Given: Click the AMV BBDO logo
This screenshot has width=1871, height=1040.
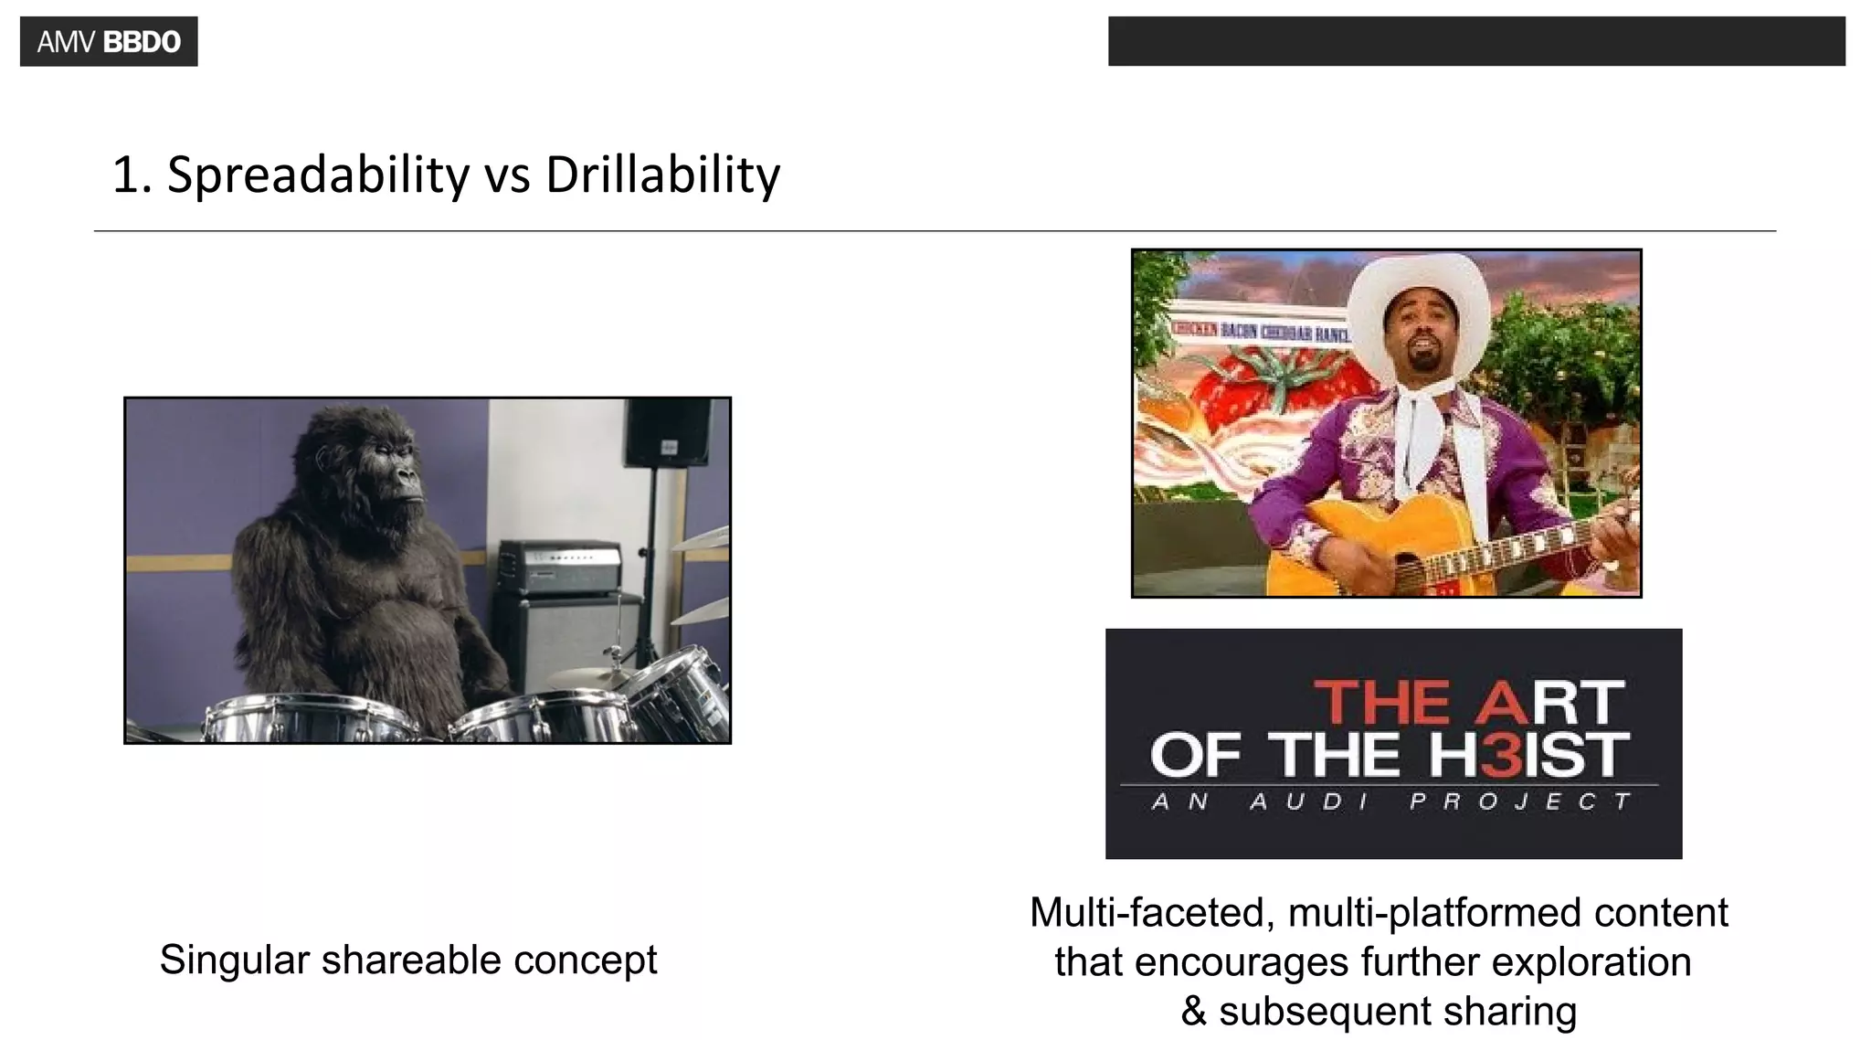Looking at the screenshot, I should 109,42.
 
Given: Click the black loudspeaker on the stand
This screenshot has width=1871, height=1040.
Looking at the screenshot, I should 667,431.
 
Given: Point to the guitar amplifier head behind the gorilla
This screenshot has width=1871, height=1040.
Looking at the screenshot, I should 560,567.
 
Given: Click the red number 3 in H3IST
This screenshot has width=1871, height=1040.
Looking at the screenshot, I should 1507,755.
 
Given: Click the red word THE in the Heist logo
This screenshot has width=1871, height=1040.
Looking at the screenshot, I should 1381,702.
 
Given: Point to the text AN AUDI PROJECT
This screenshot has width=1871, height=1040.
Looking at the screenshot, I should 1391,802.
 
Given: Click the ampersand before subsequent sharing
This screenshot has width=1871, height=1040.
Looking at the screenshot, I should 1193,1012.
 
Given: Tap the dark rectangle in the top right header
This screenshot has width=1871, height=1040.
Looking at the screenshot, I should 1475,41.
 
